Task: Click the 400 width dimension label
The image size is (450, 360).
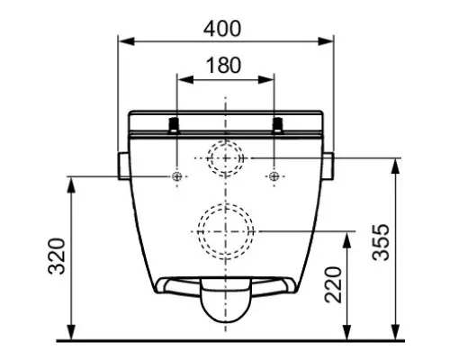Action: pyautogui.click(x=222, y=29)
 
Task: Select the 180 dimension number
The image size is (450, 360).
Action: pyautogui.click(x=224, y=66)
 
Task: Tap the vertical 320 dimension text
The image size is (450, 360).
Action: pyautogui.click(x=57, y=256)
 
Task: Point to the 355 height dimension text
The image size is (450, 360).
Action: pyautogui.click(x=381, y=242)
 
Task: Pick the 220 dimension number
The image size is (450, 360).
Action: pyautogui.click(x=334, y=284)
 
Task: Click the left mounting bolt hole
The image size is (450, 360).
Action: pyautogui.click(x=177, y=176)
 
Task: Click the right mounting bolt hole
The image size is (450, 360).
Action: pyautogui.click(x=274, y=176)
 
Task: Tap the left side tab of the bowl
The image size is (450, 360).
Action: pyautogui.click(x=124, y=166)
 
